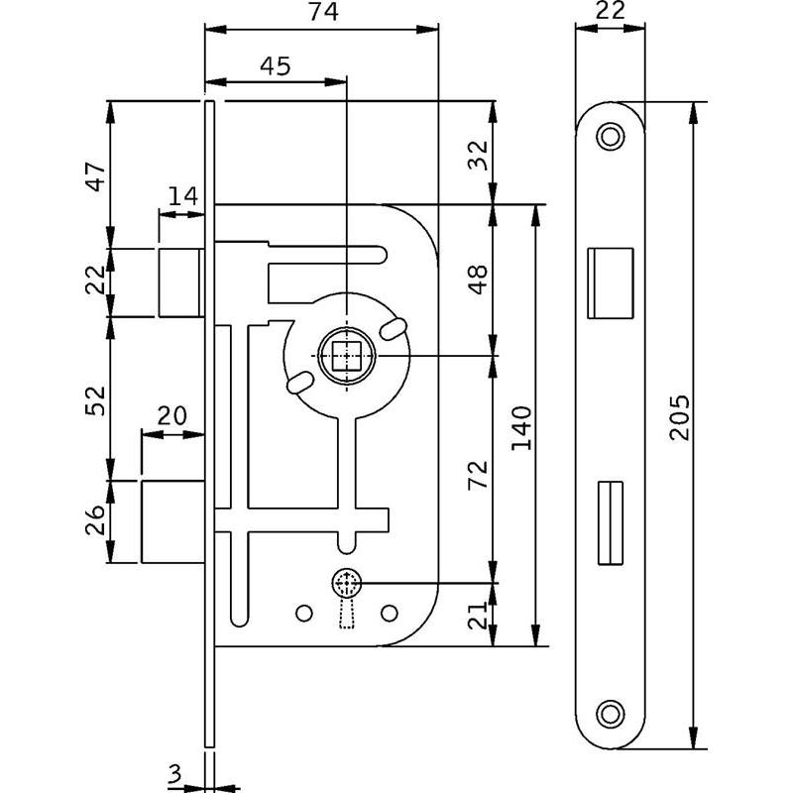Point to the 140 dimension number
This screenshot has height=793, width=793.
click(523, 426)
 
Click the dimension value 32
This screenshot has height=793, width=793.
click(478, 153)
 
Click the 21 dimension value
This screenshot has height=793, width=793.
click(478, 616)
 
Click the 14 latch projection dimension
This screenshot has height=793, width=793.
click(181, 195)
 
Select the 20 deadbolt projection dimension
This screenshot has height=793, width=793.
click(172, 416)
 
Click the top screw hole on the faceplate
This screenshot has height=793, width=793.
click(610, 135)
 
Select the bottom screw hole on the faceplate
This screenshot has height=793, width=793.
click(610, 712)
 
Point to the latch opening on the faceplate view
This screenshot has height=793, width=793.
click(610, 283)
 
